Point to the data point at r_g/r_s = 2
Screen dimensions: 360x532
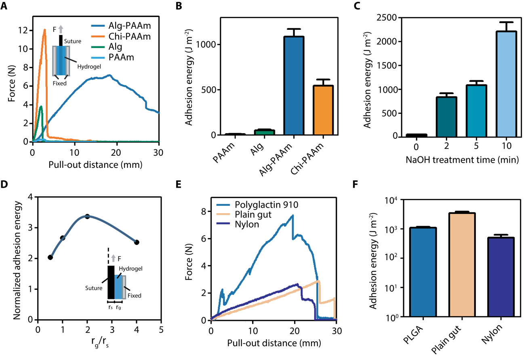(87, 217)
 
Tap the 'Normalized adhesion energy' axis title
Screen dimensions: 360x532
(17, 258)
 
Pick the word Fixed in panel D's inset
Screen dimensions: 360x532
(135, 295)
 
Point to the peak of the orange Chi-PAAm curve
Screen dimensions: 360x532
(44, 29)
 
